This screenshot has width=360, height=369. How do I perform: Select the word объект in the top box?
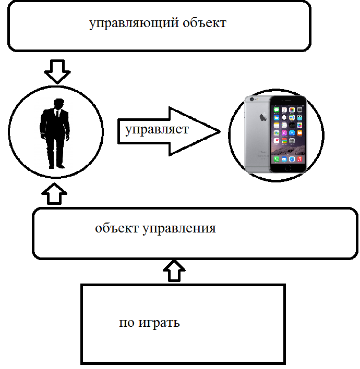(205, 24)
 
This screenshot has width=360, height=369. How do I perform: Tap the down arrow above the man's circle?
(57, 71)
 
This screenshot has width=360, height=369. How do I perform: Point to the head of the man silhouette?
(58, 104)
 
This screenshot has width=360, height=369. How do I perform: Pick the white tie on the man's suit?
(58, 115)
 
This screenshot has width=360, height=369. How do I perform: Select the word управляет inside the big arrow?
(157, 129)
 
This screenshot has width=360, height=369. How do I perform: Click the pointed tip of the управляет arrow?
(219, 131)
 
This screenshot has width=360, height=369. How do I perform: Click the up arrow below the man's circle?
(57, 193)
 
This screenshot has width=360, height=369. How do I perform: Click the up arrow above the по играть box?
(174, 271)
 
